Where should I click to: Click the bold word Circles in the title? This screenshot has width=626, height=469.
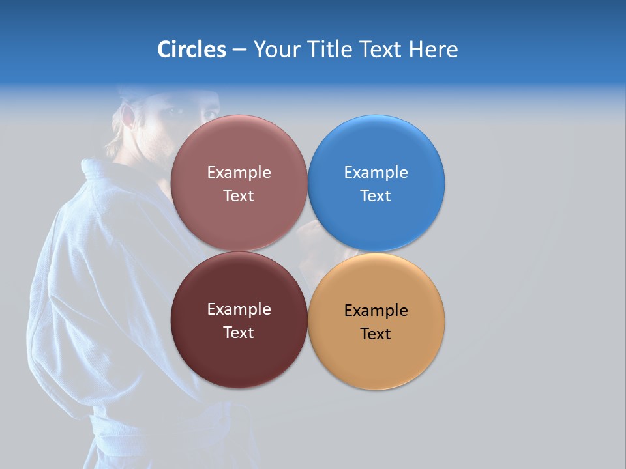pyautogui.click(x=191, y=50)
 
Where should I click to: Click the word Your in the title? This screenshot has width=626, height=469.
pyautogui.click(x=276, y=50)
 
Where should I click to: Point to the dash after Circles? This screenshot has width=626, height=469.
pyautogui.click(x=239, y=50)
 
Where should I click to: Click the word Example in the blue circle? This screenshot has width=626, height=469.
pyautogui.click(x=376, y=173)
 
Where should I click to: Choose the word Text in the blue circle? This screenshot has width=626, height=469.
pyautogui.click(x=376, y=196)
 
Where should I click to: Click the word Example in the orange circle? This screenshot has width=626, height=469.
pyautogui.click(x=376, y=311)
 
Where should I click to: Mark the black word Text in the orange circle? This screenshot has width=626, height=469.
pyautogui.click(x=376, y=334)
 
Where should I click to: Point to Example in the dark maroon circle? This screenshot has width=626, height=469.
pyautogui.click(x=239, y=309)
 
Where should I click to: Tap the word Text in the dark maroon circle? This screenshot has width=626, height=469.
pyautogui.click(x=239, y=333)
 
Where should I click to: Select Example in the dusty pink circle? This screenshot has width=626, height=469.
pyautogui.click(x=239, y=173)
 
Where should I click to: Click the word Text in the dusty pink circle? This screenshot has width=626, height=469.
pyautogui.click(x=239, y=196)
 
